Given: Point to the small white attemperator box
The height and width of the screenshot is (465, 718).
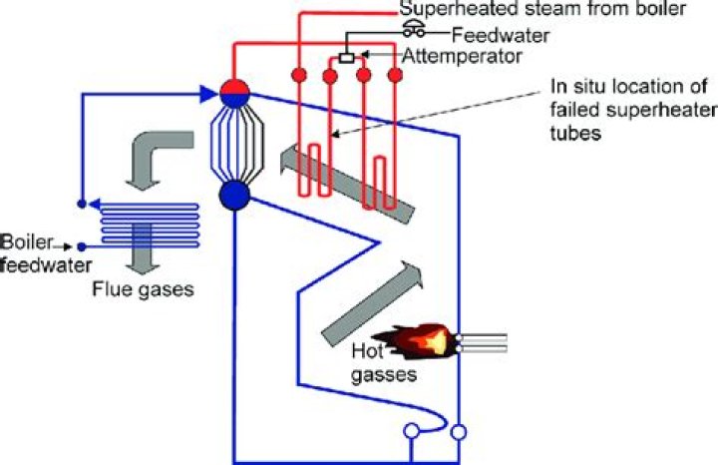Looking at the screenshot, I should (346, 59).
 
